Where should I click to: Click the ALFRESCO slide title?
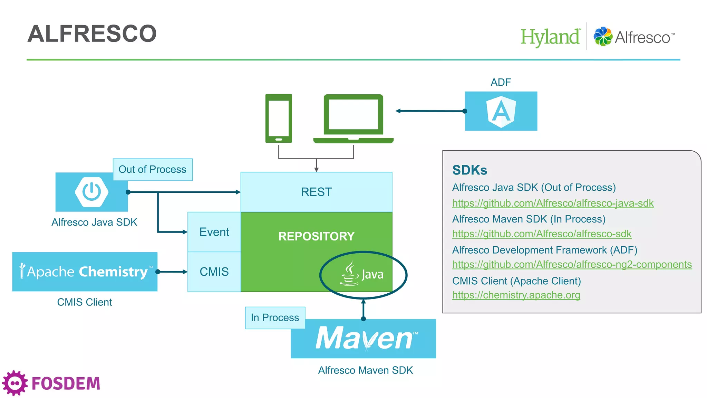(92, 34)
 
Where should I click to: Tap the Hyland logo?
(550, 37)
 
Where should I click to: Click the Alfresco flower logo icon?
(603, 36)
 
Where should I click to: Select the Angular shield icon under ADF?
(501, 112)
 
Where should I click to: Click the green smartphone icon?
(279, 119)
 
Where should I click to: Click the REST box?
(316, 192)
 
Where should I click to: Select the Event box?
(214, 232)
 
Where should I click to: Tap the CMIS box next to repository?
(214, 272)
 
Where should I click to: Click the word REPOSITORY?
(316, 236)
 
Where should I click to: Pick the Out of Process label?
(153, 170)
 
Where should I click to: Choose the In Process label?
(275, 318)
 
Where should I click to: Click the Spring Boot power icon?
(91, 192)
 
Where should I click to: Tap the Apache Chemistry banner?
(85, 272)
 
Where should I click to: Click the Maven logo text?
(365, 339)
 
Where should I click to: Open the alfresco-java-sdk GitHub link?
(553, 203)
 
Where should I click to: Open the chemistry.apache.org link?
(516, 295)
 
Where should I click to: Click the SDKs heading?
(469, 170)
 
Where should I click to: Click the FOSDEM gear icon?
(15, 383)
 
